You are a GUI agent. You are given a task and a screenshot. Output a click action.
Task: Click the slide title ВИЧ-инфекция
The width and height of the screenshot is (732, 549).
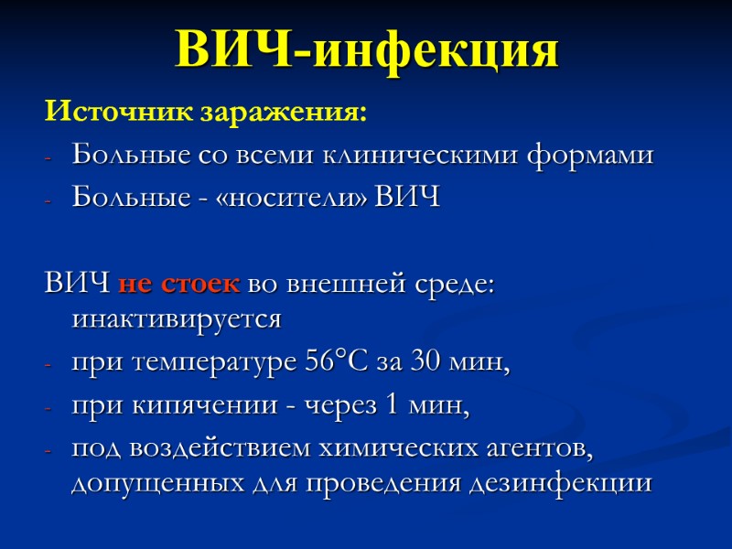click(x=366, y=51)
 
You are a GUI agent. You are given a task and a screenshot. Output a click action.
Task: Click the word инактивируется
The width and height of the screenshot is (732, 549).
click(x=176, y=321)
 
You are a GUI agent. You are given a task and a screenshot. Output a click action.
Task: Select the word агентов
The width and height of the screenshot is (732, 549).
click(x=536, y=447)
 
